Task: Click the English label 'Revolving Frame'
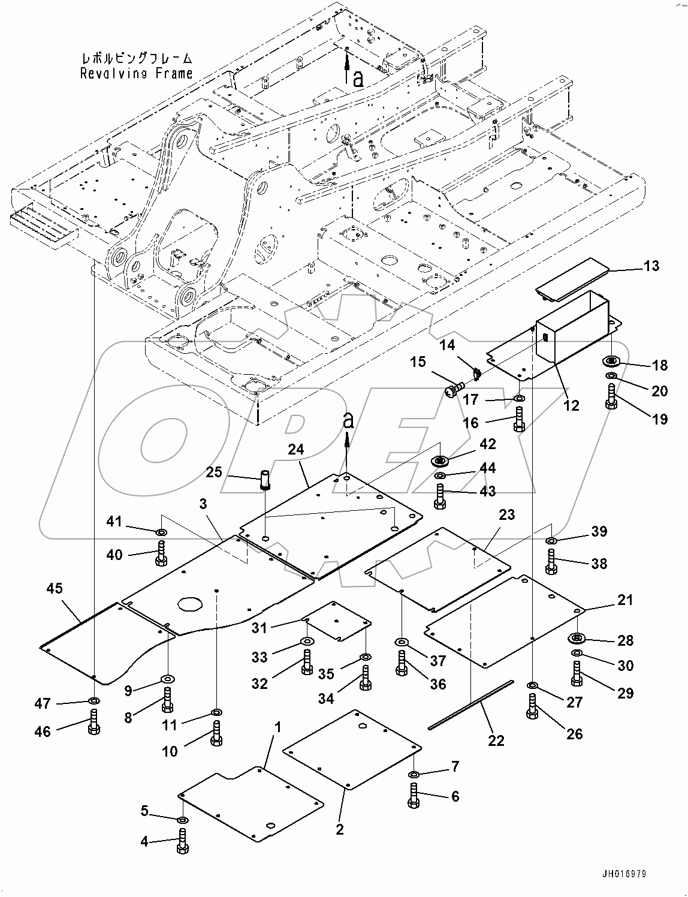137,73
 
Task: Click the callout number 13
651,266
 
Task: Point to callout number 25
213,472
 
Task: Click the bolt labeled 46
94,721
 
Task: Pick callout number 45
54,589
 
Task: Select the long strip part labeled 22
472,705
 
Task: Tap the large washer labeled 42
442,460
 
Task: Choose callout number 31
259,628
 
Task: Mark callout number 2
340,830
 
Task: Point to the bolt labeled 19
611,397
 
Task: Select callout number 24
295,449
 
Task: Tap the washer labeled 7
415,772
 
